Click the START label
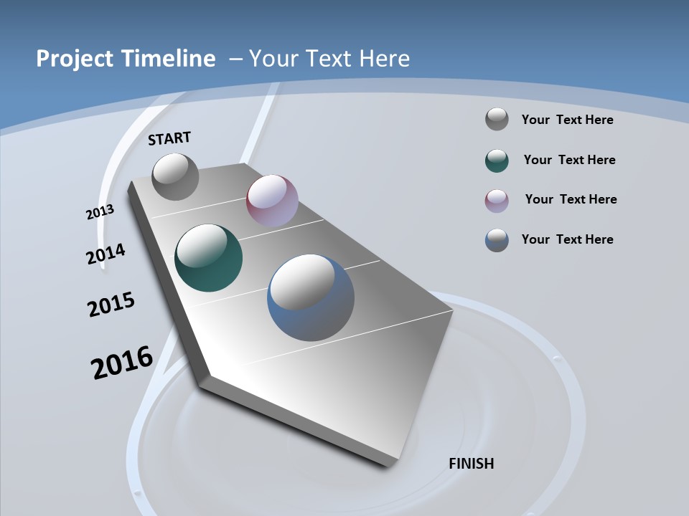(x=169, y=138)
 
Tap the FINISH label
(x=471, y=464)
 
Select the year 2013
(x=100, y=212)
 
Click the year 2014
(x=106, y=254)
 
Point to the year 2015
(x=111, y=304)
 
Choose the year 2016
(x=122, y=362)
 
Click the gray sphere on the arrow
(x=175, y=176)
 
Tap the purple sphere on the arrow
(x=272, y=201)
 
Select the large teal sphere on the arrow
(x=208, y=258)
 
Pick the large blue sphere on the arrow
(x=311, y=297)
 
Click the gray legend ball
(x=497, y=119)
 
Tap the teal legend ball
(x=497, y=161)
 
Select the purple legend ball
(x=497, y=201)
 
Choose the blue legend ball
(x=497, y=240)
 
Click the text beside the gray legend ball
(x=567, y=120)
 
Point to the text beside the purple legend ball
(x=571, y=199)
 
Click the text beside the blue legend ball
(x=567, y=239)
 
